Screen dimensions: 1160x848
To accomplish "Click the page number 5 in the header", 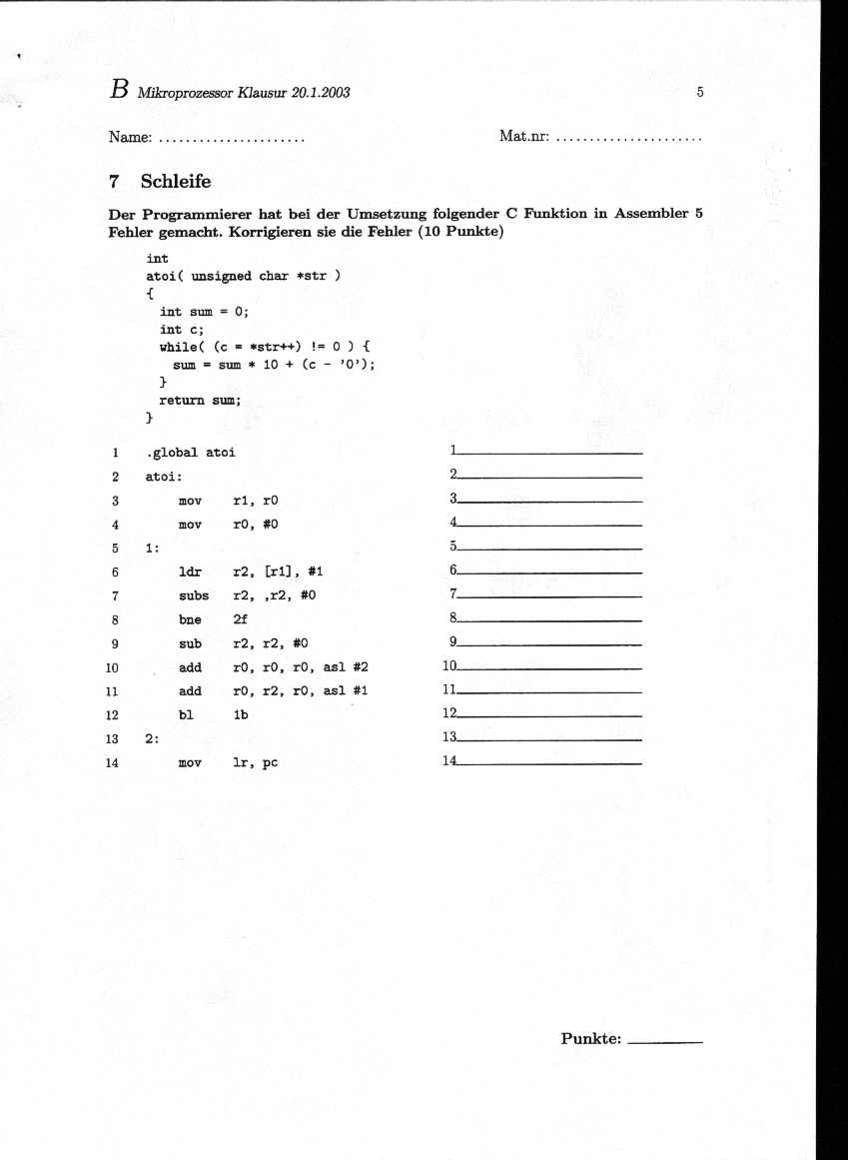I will (x=700, y=93).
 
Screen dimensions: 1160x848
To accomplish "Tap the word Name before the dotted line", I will (x=130, y=136).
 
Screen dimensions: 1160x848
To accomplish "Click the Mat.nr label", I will (x=523, y=136).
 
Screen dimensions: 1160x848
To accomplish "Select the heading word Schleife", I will (x=176, y=182).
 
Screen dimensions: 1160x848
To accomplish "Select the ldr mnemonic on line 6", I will (x=189, y=573).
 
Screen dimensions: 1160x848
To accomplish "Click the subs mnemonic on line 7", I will (x=193, y=596).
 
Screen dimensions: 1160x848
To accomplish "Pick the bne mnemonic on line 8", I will (x=189, y=620).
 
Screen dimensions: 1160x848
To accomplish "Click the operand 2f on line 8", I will (x=240, y=620).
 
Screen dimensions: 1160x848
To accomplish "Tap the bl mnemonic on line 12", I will (x=185, y=715).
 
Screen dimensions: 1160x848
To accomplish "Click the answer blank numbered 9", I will (x=549, y=644).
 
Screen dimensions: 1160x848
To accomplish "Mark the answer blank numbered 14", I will (x=549, y=764).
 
